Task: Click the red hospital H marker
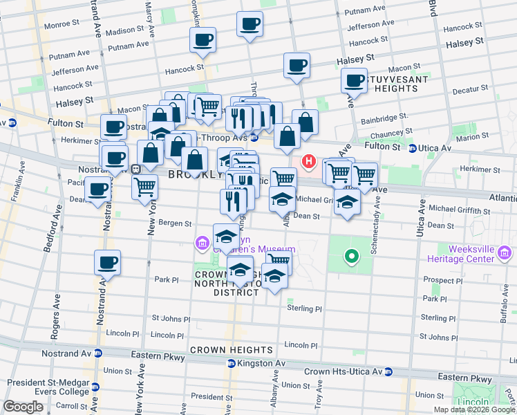click(309, 163)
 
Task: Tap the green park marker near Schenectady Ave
click(352, 257)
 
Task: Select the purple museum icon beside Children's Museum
click(202, 243)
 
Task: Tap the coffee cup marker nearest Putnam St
click(250, 24)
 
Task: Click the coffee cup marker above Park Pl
click(108, 263)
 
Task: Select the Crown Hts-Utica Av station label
click(344, 371)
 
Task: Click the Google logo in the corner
click(23, 407)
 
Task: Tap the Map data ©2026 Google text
click(474, 409)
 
